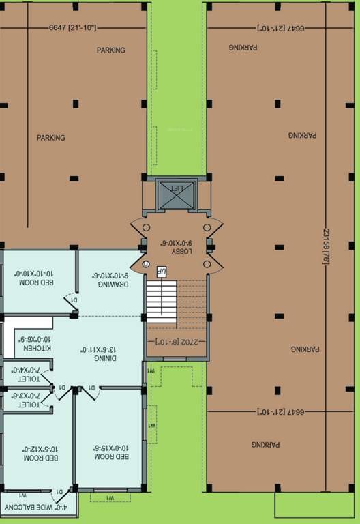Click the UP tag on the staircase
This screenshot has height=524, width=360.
[162, 272]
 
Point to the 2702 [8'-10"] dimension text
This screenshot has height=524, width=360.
[177, 339]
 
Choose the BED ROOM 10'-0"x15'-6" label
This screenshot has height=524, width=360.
[109, 452]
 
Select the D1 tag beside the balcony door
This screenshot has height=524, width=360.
[60, 491]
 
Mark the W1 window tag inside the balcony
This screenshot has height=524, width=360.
[22, 495]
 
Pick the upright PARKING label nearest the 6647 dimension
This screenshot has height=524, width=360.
[110, 50]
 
